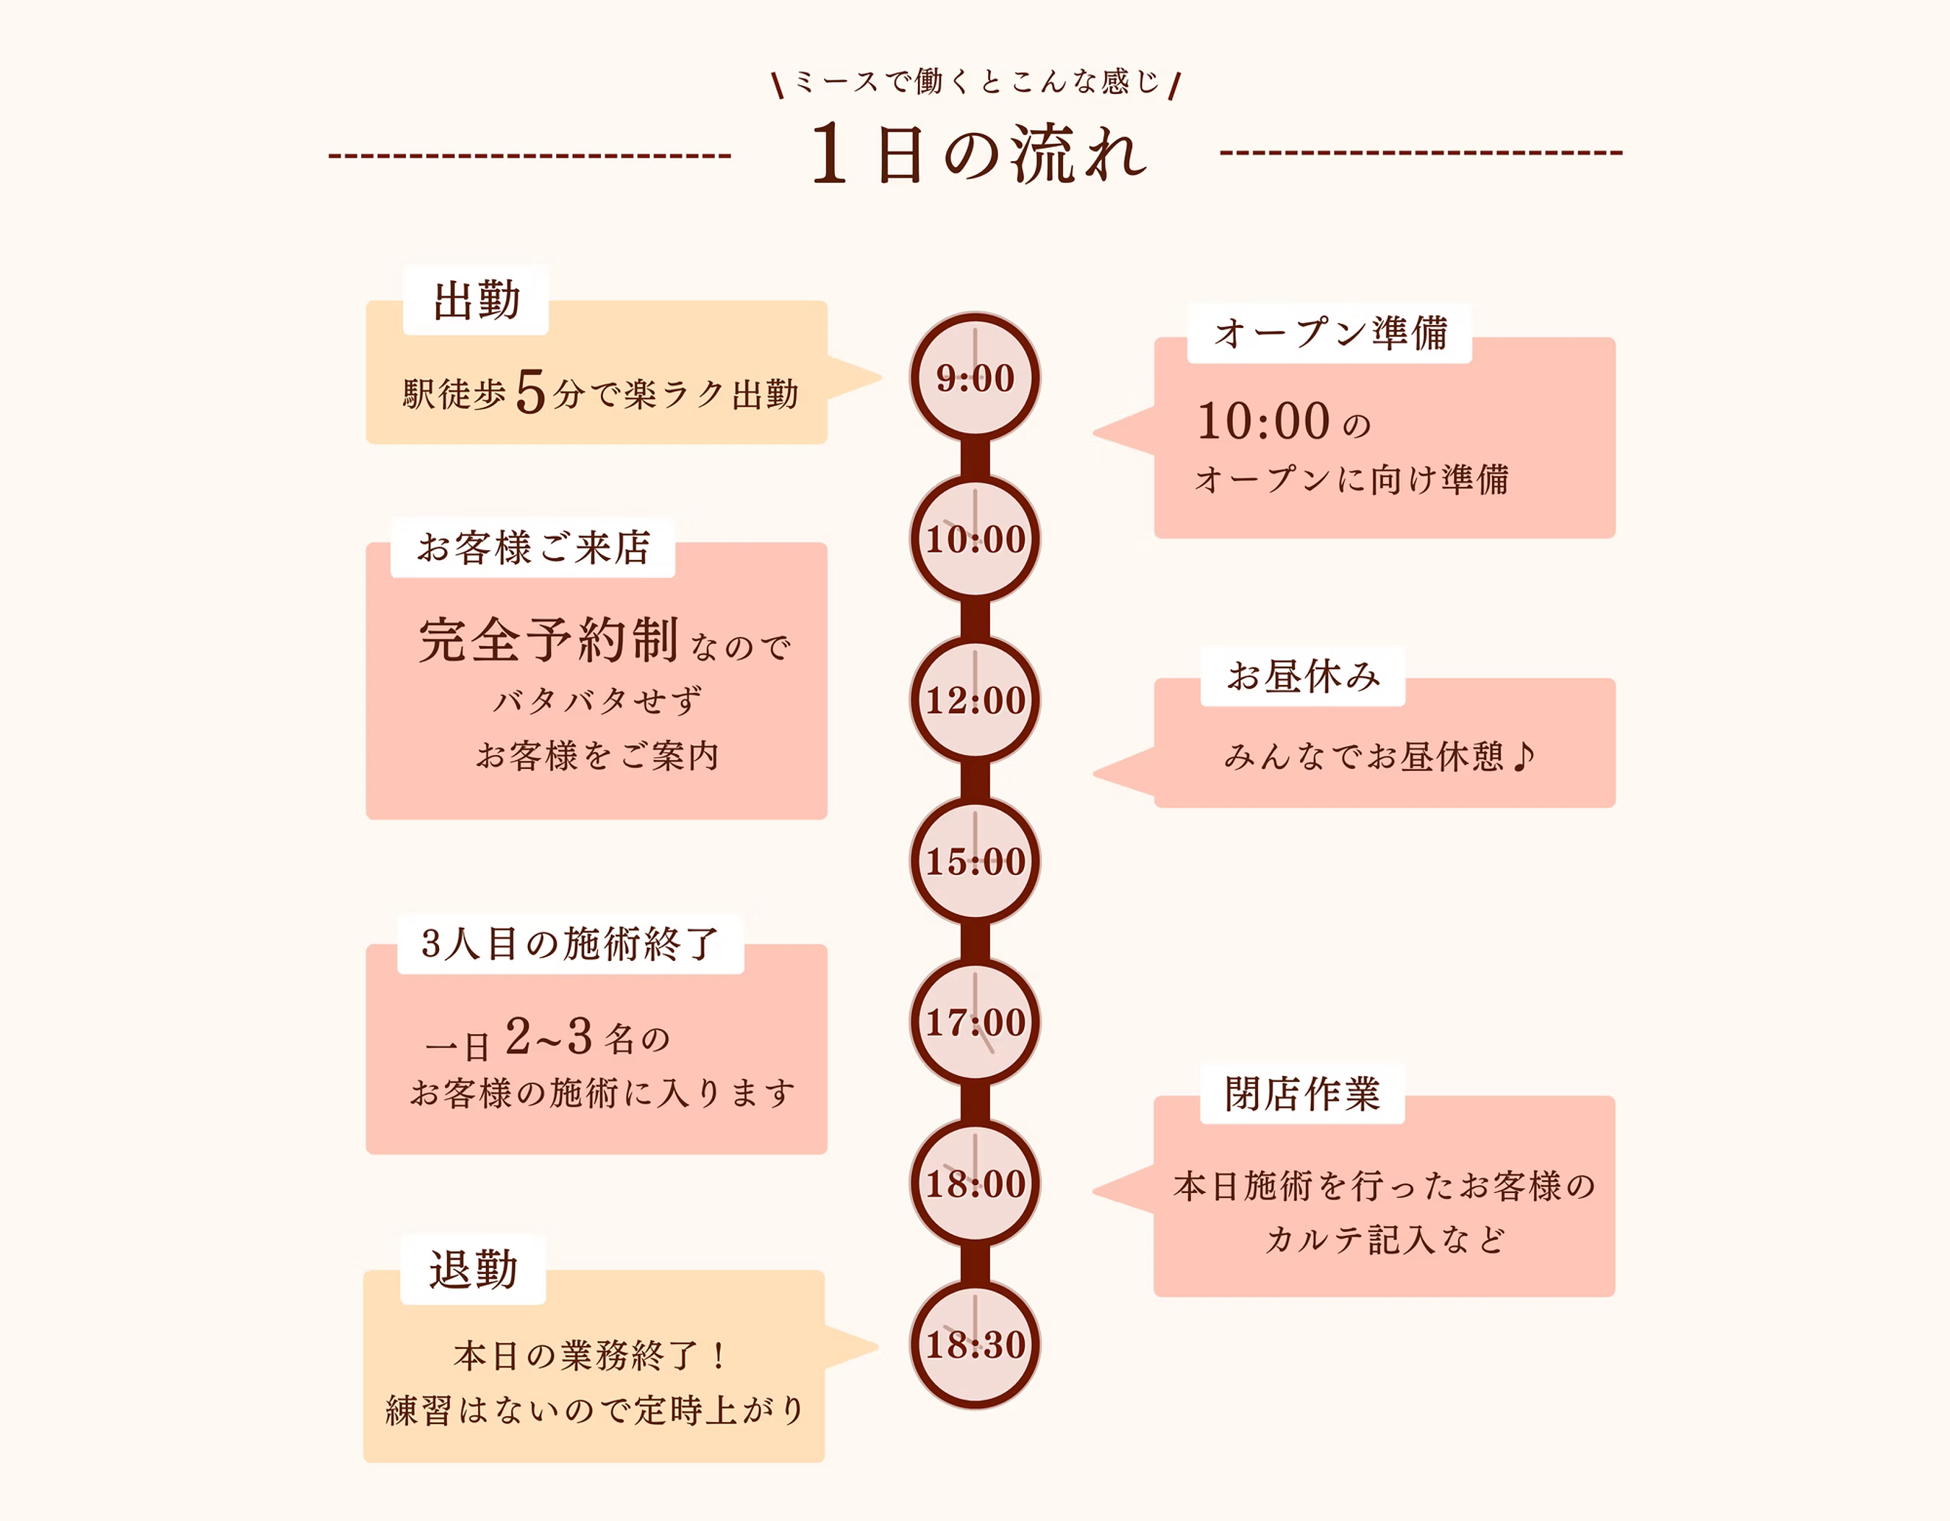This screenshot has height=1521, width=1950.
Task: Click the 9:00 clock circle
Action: [975, 377]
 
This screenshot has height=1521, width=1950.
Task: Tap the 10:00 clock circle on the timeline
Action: [975, 538]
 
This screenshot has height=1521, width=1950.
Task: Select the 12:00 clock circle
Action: [975, 699]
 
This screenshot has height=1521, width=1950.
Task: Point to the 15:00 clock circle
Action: [975, 861]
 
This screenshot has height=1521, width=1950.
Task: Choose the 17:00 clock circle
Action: [975, 1022]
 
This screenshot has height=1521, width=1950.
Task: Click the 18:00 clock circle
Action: [975, 1184]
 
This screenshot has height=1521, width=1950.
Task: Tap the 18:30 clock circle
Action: [975, 1344]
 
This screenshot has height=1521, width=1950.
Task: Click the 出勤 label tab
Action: [476, 300]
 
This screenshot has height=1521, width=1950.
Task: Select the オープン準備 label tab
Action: [1330, 333]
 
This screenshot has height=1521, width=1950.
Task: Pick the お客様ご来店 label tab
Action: [533, 548]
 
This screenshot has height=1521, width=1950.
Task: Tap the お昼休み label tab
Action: [1303, 676]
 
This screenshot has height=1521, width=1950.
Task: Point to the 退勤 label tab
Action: [473, 1269]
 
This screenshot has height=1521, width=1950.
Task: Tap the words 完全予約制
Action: [548, 639]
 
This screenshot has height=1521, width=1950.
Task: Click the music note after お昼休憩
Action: [1524, 756]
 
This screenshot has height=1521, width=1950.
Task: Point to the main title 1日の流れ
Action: [978, 155]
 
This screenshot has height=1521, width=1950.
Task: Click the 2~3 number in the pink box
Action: [548, 1036]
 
